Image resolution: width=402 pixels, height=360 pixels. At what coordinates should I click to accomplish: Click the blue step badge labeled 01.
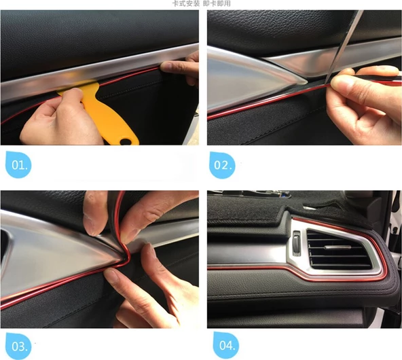tap(18, 164)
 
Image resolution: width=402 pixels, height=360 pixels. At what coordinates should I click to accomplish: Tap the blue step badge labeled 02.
tap(222, 165)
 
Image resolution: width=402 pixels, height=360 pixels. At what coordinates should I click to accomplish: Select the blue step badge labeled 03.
tap(18, 346)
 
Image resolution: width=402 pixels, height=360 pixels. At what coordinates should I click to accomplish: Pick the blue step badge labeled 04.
tap(225, 345)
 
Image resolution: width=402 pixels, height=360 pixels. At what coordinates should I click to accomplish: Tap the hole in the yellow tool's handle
tap(126, 141)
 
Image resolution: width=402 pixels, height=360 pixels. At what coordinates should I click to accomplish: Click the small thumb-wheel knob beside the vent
tap(297, 242)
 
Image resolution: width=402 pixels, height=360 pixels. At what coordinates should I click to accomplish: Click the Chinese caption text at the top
tap(201, 3)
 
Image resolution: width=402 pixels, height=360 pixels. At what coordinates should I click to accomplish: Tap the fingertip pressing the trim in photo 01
tap(168, 67)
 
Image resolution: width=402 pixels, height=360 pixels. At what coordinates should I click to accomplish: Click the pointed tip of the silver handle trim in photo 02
tap(306, 82)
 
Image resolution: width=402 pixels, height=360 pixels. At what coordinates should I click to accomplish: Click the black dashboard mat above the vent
tap(290, 208)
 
